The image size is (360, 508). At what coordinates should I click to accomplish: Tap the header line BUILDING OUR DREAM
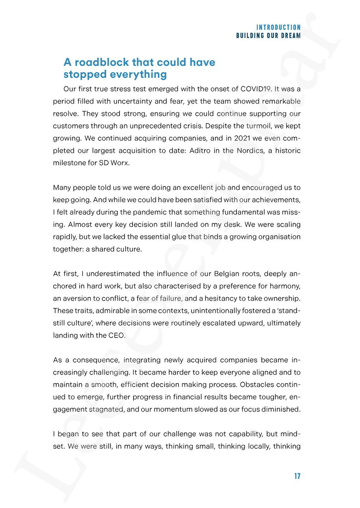pos(268,36)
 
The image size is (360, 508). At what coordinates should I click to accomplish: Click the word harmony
pos(284,286)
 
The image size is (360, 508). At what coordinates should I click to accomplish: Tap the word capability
pos(250,434)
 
